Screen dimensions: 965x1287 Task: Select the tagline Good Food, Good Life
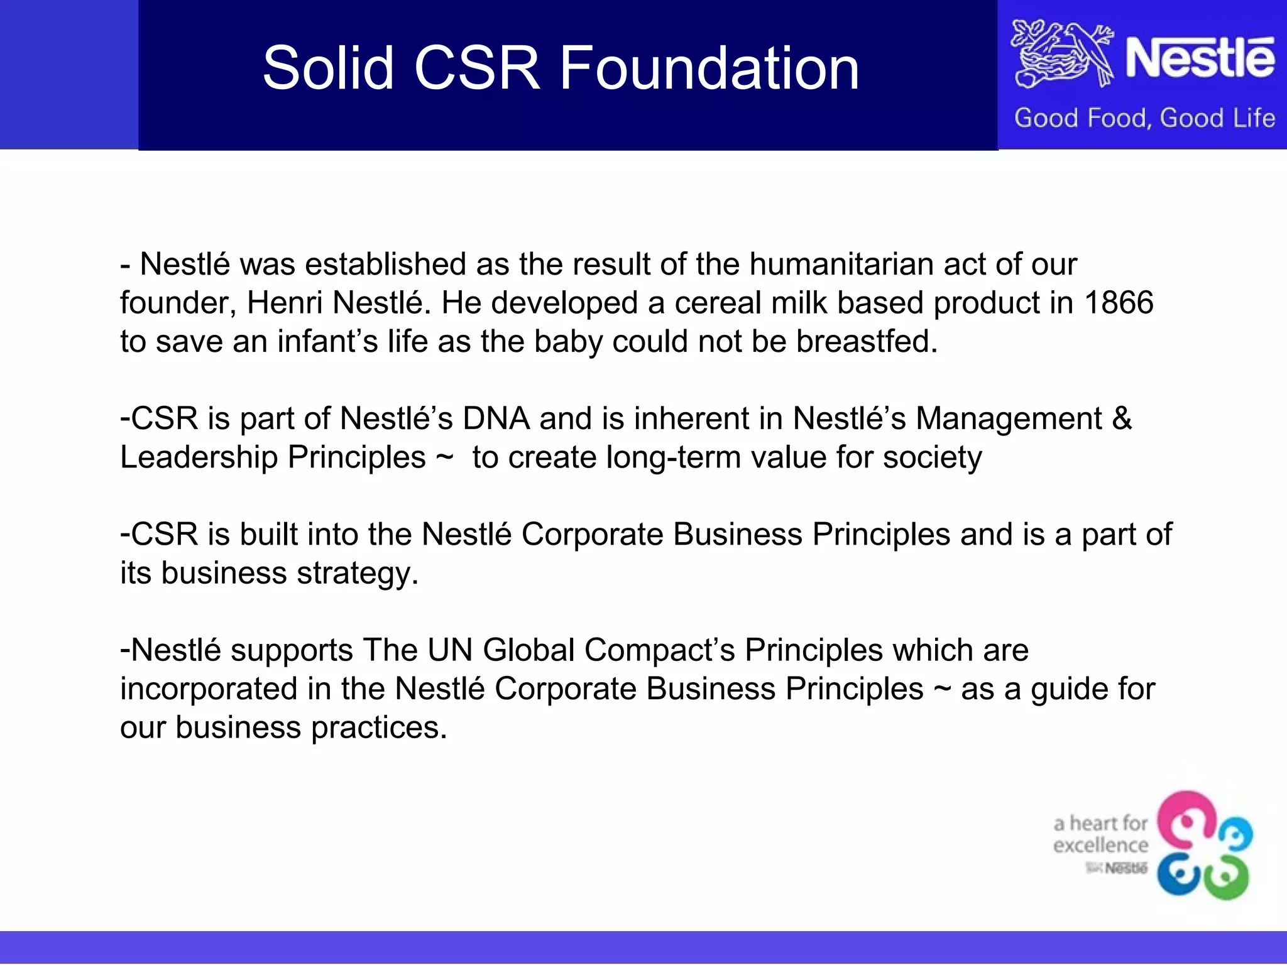click(x=1144, y=118)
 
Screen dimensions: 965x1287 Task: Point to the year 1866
click(x=1119, y=303)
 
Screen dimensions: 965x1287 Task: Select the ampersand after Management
click(x=1122, y=418)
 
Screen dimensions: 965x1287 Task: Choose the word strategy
click(x=358, y=573)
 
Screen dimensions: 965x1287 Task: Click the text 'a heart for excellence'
click(x=1100, y=834)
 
